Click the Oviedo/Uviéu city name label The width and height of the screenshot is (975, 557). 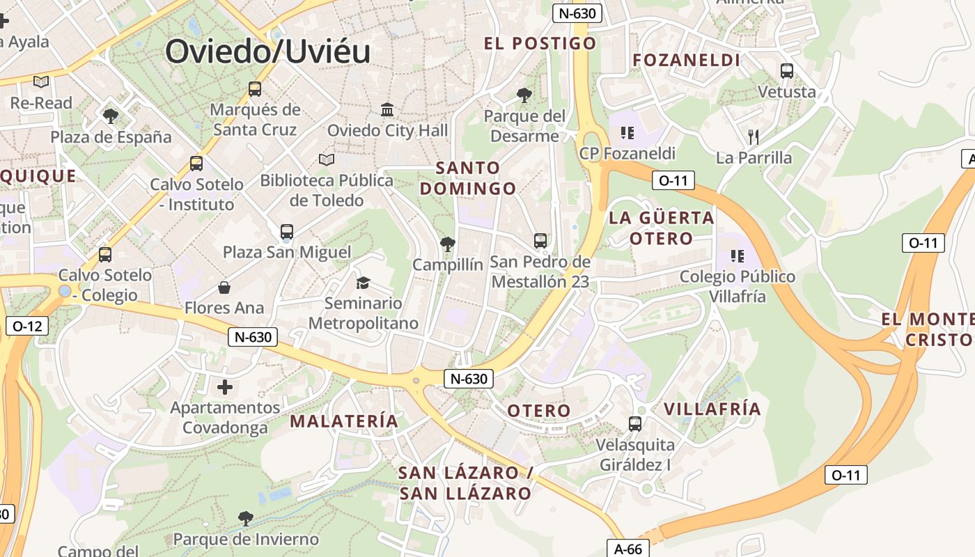pos(267,52)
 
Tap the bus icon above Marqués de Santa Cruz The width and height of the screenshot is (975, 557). pos(255,89)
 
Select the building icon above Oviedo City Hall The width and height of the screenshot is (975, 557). pos(387,110)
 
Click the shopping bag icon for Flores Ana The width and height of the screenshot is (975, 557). pos(224,288)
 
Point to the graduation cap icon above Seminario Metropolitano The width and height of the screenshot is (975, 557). pos(363,283)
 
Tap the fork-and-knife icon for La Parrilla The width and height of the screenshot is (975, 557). pos(753,136)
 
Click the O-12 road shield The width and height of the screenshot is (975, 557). pos(27,325)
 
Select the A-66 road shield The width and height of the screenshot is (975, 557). pos(627,549)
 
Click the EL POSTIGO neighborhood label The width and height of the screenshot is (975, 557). pos(540,43)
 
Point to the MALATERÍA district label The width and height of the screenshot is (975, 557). pos(344,421)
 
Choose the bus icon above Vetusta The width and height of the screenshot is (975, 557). pos(787,70)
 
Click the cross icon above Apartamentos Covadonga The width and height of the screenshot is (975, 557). pos(225,387)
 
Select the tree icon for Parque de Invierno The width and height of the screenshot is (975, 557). pos(245,518)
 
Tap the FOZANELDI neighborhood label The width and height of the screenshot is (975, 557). pos(686,61)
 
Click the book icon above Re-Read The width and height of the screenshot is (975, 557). pos(41,82)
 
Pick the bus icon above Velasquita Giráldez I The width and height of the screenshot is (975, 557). pos(635,423)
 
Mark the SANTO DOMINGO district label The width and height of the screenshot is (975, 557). pos(468,178)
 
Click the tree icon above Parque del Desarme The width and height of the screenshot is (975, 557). pos(524,95)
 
